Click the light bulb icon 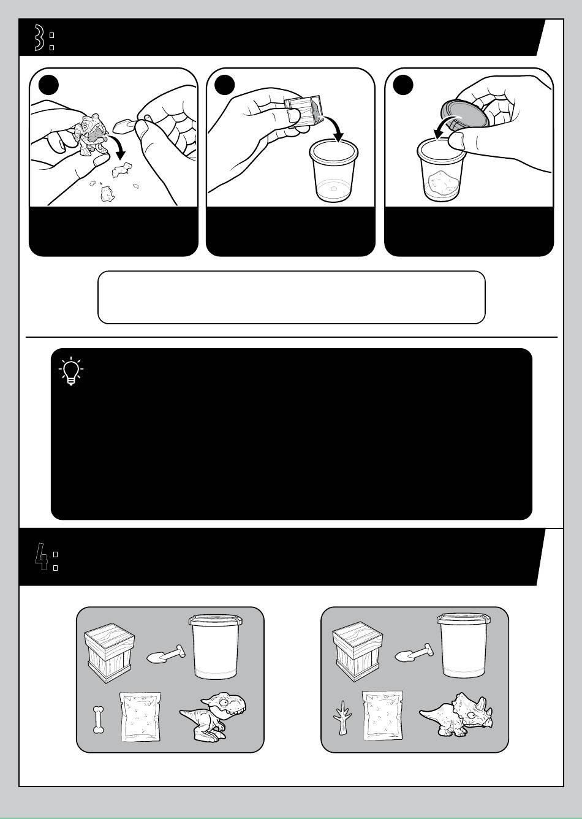click(71, 371)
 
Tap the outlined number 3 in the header click(39, 37)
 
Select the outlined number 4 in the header click(41, 557)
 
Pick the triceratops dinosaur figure click(456, 714)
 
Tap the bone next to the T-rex click(98, 720)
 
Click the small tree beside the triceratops click(342, 717)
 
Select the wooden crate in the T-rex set click(109, 653)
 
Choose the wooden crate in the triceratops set click(358, 651)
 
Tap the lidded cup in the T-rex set click(216, 646)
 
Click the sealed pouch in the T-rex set click(140, 717)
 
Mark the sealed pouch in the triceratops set click(382, 715)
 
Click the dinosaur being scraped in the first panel click(91, 134)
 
